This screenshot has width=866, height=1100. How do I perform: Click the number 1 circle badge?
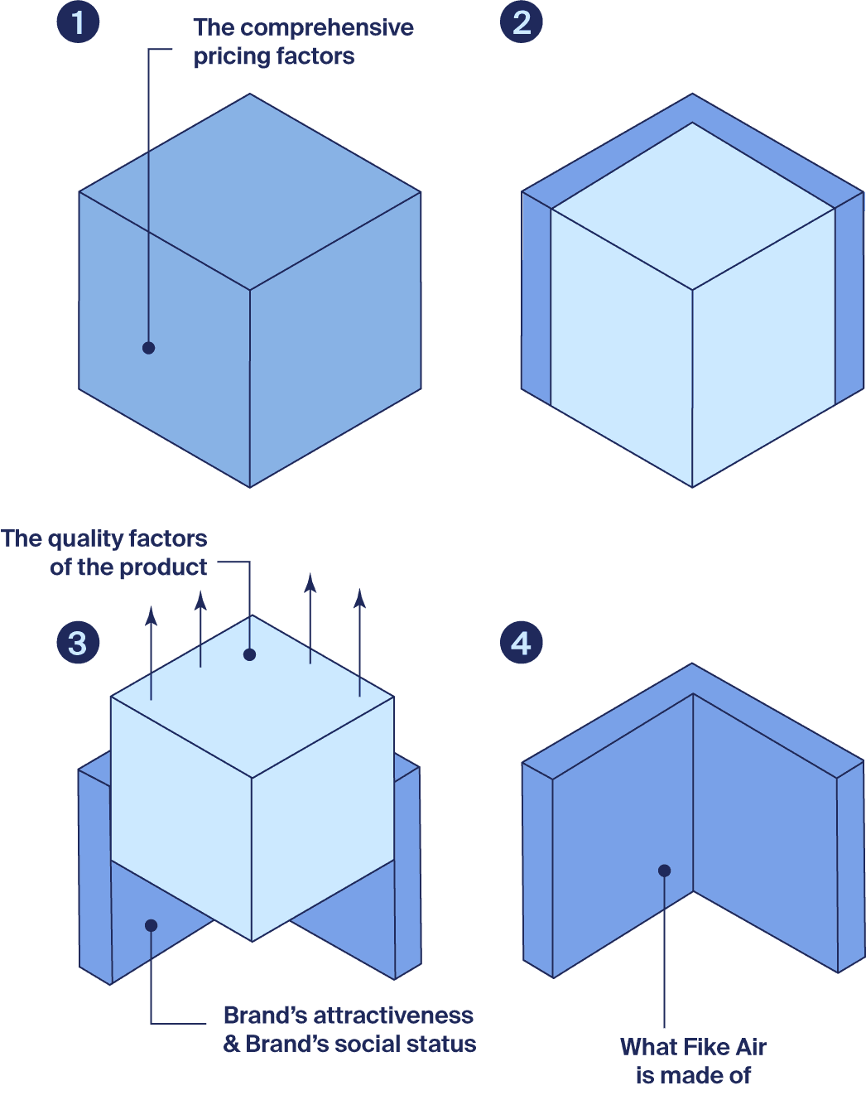click(78, 22)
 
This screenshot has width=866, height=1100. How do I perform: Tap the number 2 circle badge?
click(521, 22)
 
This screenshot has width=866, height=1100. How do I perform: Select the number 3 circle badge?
click(78, 643)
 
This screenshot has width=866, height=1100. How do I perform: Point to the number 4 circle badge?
click(521, 643)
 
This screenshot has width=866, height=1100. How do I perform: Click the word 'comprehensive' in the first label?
click(327, 28)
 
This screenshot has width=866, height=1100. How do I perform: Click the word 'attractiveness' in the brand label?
click(393, 1016)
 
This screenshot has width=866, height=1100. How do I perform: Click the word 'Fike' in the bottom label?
click(705, 1047)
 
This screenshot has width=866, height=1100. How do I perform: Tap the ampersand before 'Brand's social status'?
click(232, 1045)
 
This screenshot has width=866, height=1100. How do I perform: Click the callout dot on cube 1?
click(148, 348)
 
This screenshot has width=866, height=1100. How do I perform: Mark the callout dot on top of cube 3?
click(249, 654)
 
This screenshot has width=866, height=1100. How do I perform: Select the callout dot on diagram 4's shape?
click(664, 871)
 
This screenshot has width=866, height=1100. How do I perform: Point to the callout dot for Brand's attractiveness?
click(151, 925)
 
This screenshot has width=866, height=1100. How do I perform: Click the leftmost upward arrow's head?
click(151, 615)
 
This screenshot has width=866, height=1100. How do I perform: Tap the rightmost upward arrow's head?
click(359, 597)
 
